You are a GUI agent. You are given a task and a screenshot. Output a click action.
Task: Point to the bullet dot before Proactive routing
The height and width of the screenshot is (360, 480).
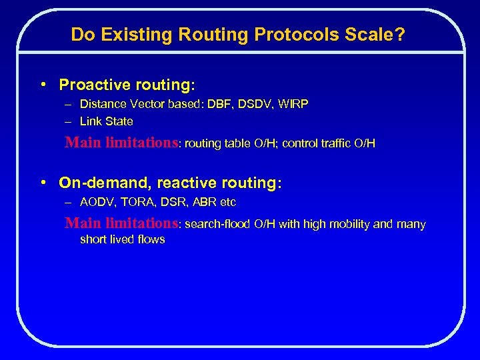coord(42,85)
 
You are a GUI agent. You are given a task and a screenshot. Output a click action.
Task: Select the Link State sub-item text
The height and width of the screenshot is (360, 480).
coord(107,121)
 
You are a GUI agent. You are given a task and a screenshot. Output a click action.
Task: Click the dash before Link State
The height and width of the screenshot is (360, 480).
coord(69,121)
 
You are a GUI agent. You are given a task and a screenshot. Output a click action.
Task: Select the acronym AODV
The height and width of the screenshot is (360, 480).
coord(95,202)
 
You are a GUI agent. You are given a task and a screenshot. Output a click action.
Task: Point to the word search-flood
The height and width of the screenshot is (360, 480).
coord(217,224)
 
